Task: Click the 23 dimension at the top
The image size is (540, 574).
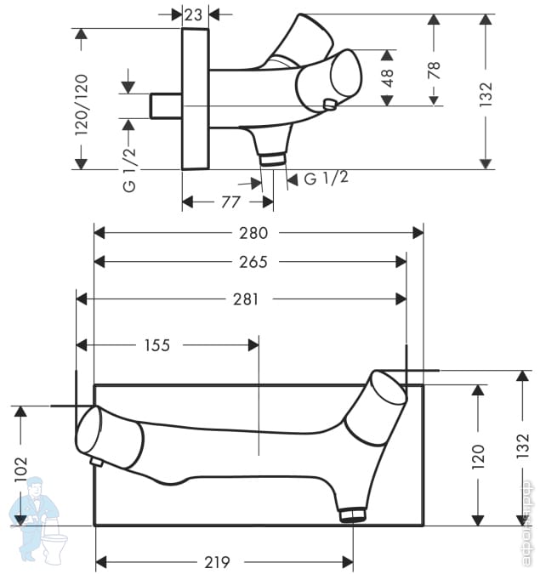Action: (x=193, y=14)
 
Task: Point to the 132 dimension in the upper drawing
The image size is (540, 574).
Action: (x=486, y=93)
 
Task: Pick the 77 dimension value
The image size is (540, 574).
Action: (x=230, y=202)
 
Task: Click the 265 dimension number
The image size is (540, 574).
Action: (x=253, y=262)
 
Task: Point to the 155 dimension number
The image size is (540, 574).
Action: (x=156, y=345)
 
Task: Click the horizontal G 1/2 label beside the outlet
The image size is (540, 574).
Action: (x=326, y=178)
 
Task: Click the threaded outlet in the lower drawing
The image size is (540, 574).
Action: (x=352, y=514)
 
